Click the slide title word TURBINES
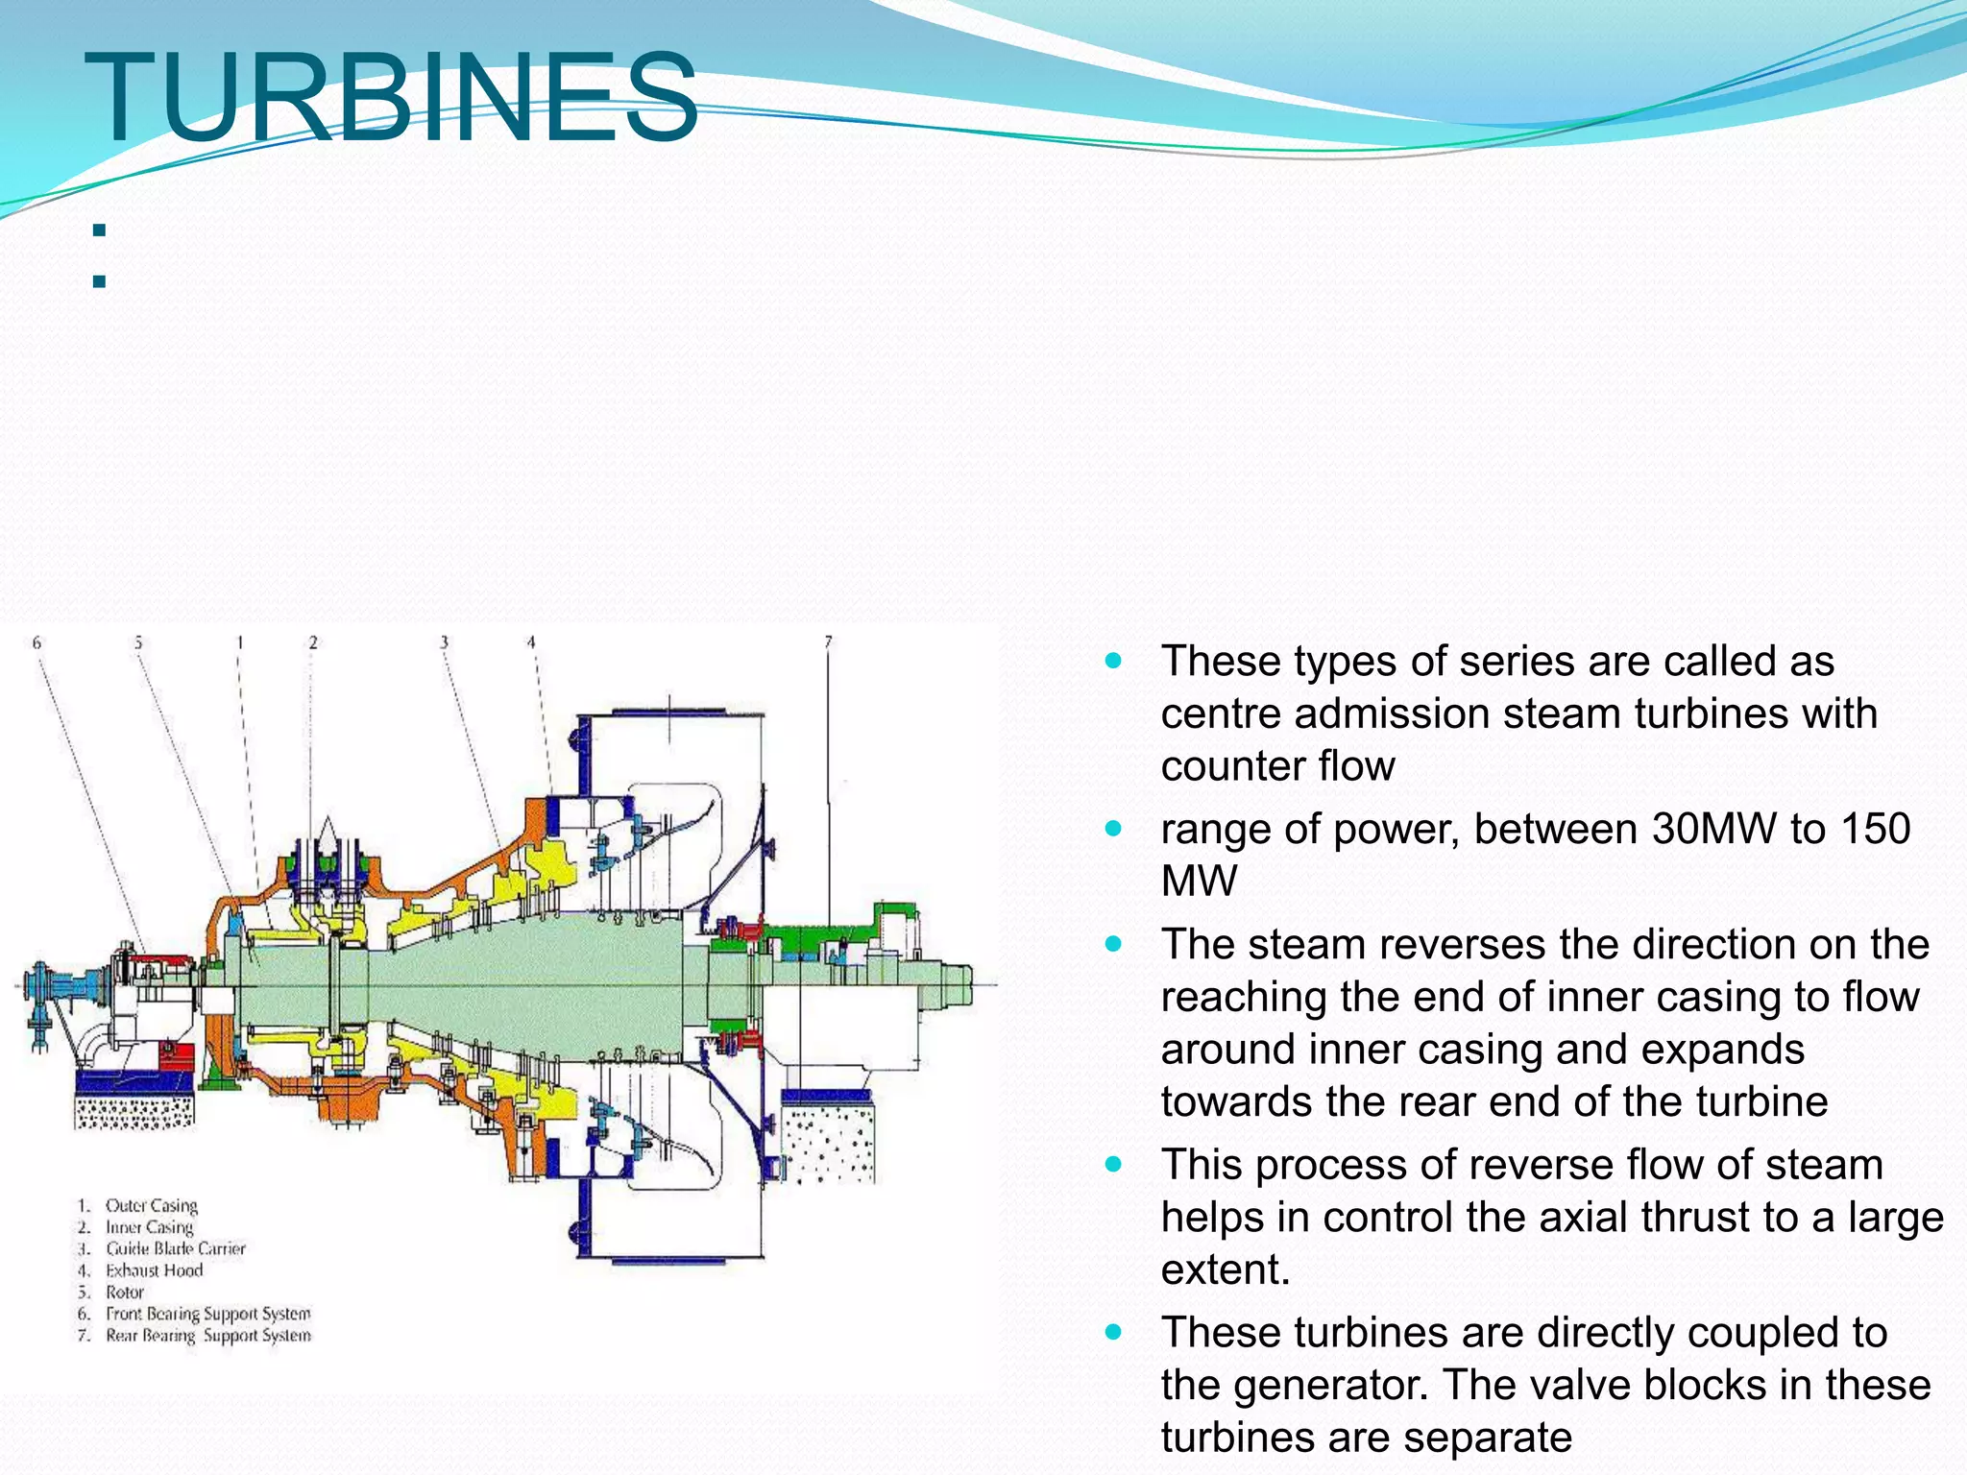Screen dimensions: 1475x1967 click(391, 98)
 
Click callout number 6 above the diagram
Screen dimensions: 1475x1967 click(37, 642)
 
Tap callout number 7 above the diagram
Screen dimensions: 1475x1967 click(828, 641)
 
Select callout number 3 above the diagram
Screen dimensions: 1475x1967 click(444, 642)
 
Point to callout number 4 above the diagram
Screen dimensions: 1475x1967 click(530, 642)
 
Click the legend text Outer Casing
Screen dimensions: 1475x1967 click(152, 1205)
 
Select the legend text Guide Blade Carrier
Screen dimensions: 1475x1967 click(176, 1248)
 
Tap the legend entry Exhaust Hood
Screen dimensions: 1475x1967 click(155, 1270)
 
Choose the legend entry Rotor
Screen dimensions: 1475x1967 click(125, 1293)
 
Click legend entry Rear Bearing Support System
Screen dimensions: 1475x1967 click(208, 1336)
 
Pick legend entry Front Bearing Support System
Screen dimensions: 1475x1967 click(208, 1314)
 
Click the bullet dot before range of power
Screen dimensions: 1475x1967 click(1113, 828)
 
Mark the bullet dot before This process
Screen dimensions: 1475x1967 click(1113, 1164)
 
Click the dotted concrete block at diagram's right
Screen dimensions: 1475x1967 click(828, 1143)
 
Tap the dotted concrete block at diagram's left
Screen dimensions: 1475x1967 click(134, 1112)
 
